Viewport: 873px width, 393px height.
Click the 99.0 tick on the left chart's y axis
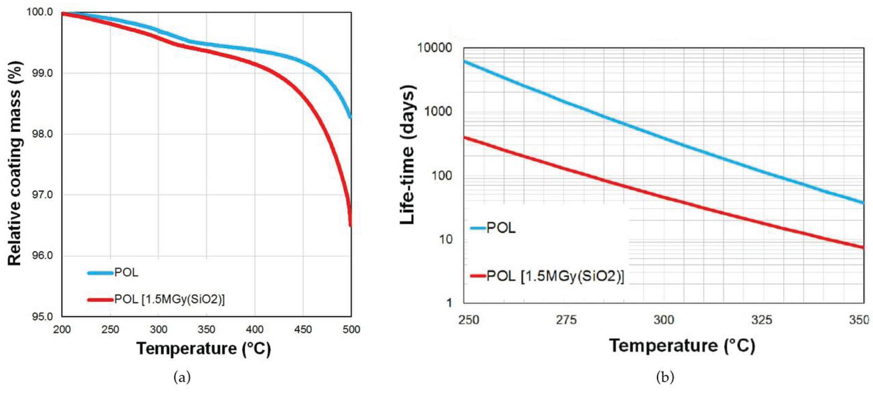tap(42, 73)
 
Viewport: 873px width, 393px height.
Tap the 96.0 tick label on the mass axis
tap(42, 255)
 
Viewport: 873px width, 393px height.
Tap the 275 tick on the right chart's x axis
tap(566, 320)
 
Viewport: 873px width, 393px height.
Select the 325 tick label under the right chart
tap(761, 320)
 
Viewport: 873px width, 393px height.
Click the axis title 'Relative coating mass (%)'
tap(14, 164)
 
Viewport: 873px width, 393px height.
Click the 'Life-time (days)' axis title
tap(407, 155)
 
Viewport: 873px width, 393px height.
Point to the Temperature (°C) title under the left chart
tap(204, 349)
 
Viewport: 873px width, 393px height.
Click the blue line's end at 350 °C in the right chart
tap(863, 203)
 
